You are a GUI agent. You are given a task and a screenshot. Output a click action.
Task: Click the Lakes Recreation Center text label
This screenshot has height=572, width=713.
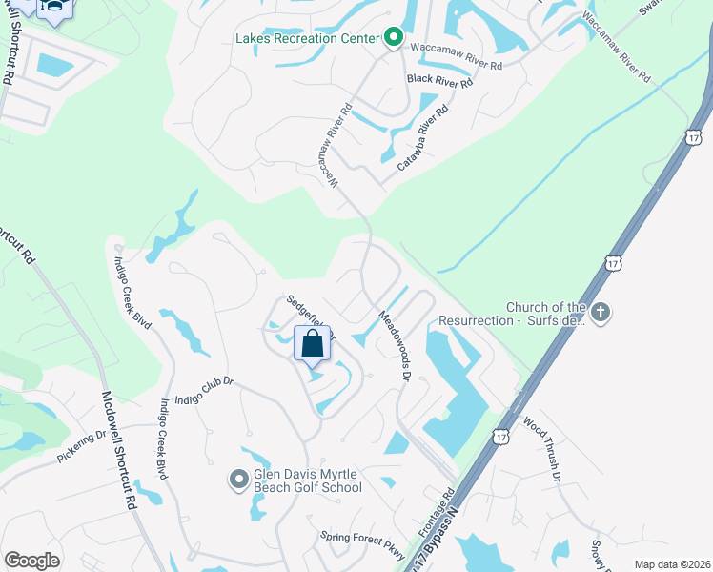(308, 39)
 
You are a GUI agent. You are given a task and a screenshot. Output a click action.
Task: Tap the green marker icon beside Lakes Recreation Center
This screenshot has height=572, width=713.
(393, 39)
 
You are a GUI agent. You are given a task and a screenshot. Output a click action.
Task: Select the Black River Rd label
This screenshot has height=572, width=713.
(439, 82)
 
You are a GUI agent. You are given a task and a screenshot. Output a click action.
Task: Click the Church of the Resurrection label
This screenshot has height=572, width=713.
(543, 314)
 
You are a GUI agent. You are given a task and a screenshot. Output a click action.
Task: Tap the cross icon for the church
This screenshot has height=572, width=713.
(601, 312)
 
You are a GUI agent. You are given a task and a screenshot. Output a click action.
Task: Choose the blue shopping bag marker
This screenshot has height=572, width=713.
(313, 344)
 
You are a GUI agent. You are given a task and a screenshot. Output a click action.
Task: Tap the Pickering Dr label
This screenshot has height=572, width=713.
(82, 446)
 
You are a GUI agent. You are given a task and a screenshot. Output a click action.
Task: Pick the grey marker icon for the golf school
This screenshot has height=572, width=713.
(238, 480)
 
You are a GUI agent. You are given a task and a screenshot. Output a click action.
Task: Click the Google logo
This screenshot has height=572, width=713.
(31, 561)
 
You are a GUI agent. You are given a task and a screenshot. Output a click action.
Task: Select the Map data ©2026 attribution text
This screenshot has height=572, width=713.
(671, 564)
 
